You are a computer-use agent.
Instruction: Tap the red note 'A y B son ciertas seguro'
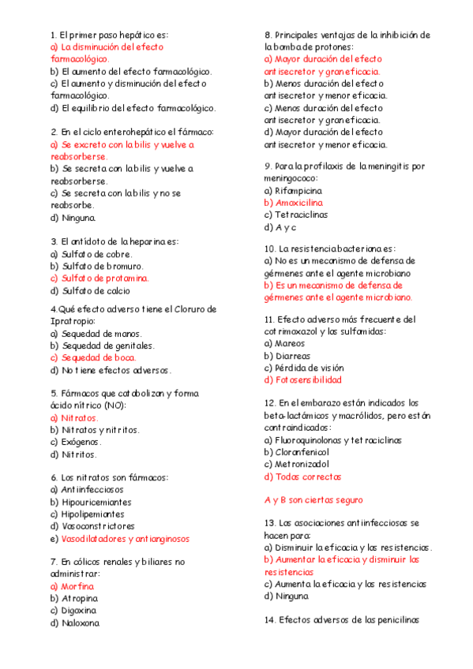(313, 500)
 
